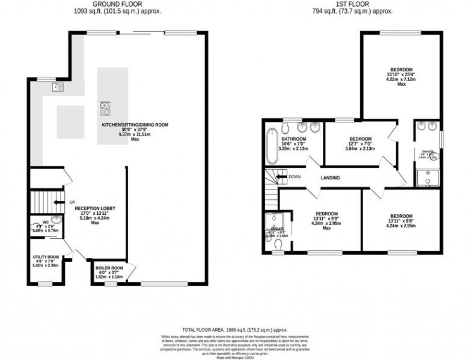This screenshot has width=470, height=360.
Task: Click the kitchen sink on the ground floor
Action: [58, 87]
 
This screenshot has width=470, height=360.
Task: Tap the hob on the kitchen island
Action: [105, 108]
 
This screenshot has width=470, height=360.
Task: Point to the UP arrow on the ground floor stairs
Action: [58, 202]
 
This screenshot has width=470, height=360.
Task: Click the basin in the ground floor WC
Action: [57, 220]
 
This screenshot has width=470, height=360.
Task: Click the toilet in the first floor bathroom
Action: [285, 128]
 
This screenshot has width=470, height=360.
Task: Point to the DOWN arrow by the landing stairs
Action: [281, 177]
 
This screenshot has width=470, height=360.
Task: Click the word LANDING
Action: [330, 178]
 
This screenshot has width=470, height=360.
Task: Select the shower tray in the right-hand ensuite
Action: [426, 178]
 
